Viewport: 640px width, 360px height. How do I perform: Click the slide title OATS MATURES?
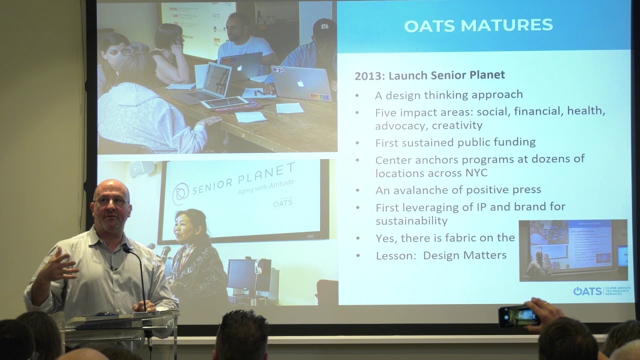click(478, 25)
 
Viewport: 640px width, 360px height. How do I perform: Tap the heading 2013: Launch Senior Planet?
click(429, 75)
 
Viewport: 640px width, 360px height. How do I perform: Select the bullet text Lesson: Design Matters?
click(440, 255)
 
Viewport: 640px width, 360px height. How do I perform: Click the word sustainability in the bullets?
click(411, 220)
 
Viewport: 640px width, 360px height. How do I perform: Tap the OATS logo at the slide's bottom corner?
click(587, 291)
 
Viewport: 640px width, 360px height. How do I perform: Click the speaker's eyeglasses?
click(111, 201)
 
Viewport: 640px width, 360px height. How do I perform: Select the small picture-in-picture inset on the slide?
click(573, 250)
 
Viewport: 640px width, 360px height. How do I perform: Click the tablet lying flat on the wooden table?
click(224, 102)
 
